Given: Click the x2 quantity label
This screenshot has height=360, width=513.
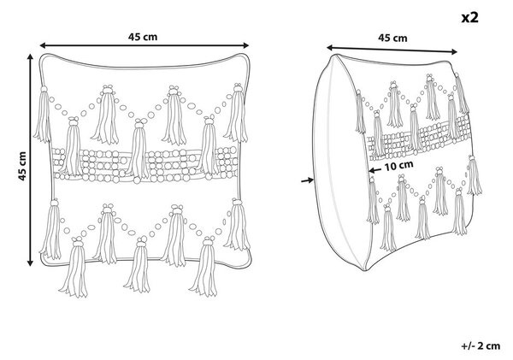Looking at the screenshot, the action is [x=469, y=17].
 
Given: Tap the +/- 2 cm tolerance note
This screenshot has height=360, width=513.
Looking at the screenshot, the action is [x=481, y=346].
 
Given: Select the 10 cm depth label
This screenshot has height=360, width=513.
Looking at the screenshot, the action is [x=398, y=166].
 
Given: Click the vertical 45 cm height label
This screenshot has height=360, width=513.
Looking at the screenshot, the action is [x=22, y=166].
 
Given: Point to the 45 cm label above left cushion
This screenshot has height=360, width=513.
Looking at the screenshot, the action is [x=143, y=37].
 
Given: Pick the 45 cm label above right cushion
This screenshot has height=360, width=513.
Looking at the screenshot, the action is [x=392, y=38].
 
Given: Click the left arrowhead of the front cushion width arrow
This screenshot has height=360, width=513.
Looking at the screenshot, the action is [x=43, y=45].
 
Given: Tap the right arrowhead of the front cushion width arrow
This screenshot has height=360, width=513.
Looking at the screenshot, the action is [x=246, y=45].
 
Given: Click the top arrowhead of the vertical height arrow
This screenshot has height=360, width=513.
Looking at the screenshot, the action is [x=31, y=57].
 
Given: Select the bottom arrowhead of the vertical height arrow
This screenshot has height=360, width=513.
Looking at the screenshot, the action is [x=31, y=263].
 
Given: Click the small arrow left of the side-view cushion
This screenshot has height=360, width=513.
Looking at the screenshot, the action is [x=308, y=180].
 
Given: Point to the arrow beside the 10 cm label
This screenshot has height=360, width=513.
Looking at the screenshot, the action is [x=374, y=170].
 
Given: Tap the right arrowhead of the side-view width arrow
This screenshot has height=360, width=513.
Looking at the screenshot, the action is [x=454, y=51].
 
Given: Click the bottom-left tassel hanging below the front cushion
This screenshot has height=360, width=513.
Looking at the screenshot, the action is [x=74, y=268].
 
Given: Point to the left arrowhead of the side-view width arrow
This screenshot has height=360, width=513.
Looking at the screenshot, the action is [x=330, y=48].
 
